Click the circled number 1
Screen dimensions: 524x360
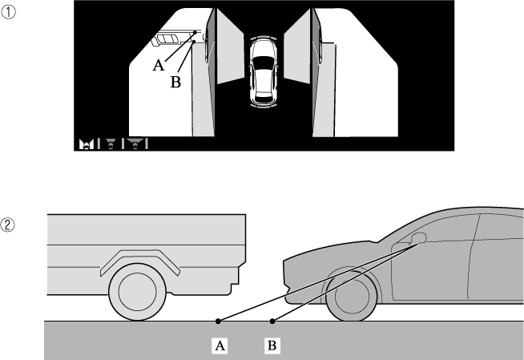8,13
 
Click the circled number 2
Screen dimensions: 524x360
7,224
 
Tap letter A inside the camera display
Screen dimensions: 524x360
159,65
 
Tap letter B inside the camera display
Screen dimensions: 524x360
175,82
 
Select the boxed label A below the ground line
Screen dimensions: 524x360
220,346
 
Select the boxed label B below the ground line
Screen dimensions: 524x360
272,346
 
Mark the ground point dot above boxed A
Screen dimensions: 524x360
218,322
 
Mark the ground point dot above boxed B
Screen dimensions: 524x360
272,322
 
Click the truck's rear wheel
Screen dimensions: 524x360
137,292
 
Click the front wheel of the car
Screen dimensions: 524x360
352,296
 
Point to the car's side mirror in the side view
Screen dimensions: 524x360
419,237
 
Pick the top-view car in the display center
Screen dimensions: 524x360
264,72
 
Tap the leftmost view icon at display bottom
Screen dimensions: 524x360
87,144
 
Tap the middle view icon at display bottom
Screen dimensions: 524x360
111,144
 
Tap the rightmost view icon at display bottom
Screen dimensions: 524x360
135,144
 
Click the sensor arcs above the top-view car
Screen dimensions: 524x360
264,37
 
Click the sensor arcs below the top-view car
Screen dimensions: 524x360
264,107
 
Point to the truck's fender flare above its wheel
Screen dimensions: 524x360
140,259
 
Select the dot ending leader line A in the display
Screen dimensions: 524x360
195,32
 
